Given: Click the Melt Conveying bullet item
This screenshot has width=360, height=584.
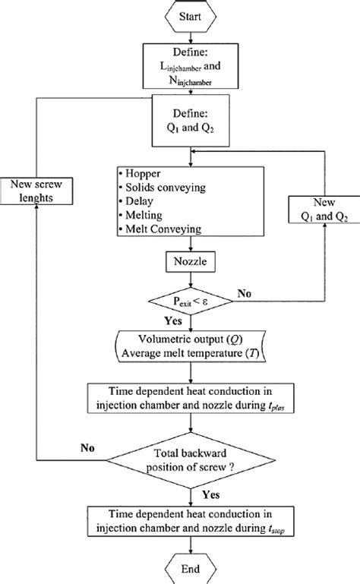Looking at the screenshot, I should coord(163,229).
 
